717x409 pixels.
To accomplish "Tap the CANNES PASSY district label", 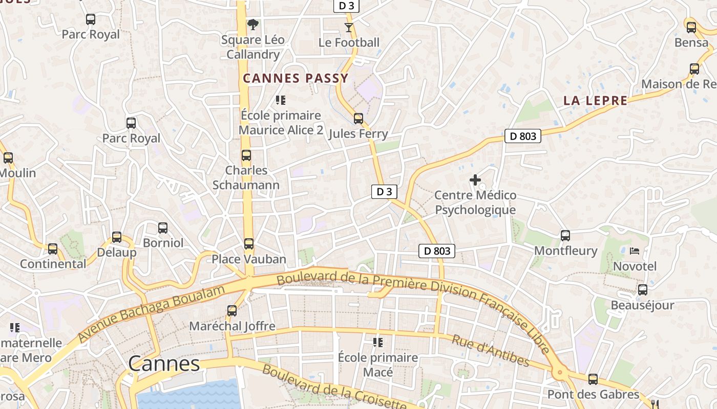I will [x=296, y=78].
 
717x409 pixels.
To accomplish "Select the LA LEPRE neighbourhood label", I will [x=595, y=101].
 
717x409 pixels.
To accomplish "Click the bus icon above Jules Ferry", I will [x=358, y=119].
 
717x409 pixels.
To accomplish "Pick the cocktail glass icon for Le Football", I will [x=349, y=27].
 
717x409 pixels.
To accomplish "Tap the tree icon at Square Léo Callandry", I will [x=252, y=24].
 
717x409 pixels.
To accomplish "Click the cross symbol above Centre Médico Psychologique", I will [x=475, y=180].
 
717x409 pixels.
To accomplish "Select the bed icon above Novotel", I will [x=635, y=251].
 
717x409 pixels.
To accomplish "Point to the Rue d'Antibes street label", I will [x=490, y=351].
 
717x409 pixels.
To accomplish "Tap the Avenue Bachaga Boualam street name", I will [x=152, y=314].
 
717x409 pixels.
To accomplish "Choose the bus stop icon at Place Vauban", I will [x=249, y=243].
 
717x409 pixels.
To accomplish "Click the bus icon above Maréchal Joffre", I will [x=232, y=310].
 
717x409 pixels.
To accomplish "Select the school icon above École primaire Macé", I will [x=378, y=342].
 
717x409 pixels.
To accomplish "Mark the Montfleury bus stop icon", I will [x=565, y=235].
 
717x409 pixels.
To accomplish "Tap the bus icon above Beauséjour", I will [x=643, y=290].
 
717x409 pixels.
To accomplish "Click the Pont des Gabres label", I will [x=593, y=394].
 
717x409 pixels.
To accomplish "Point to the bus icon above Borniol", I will [x=163, y=228].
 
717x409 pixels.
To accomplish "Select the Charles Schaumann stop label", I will [x=246, y=177].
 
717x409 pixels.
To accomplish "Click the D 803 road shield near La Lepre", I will [x=522, y=136].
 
